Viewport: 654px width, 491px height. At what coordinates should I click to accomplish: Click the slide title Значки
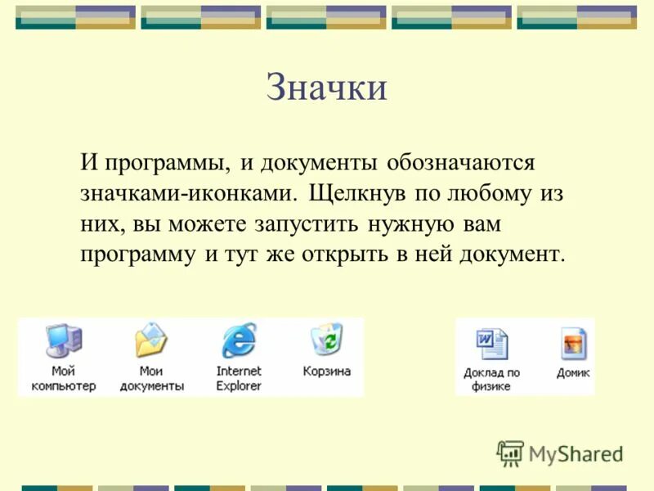pos(326,88)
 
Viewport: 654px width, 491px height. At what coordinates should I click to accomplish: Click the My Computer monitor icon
pos(63,340)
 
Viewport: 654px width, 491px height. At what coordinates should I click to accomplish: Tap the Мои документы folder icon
pos(151,340)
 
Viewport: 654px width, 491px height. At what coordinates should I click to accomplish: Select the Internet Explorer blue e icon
pos(239,340)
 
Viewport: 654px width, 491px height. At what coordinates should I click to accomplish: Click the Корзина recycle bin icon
pos(326,339)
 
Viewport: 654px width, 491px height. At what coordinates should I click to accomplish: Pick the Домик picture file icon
pos(573,344)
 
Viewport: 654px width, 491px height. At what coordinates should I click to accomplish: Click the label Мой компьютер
pos(63,378)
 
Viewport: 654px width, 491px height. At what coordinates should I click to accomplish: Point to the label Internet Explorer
pos(239,378)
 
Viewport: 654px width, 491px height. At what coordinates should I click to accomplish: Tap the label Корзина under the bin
pos(326,371)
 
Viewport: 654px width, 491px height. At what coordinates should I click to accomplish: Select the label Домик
pos(573,372)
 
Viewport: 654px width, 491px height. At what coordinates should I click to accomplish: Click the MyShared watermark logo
pos(561,453)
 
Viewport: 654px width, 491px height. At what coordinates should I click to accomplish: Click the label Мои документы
pos(151,378)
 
